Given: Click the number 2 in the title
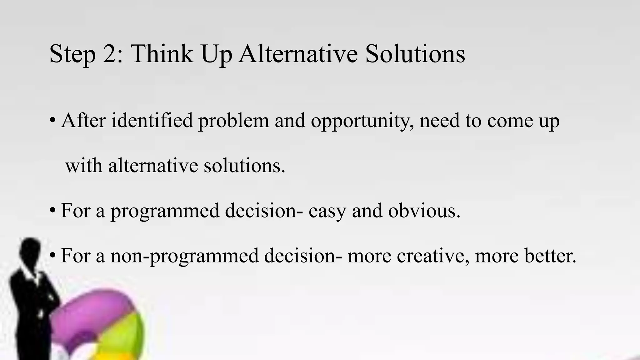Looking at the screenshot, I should click(x=110, y=54).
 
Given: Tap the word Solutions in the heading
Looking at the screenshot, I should click(x=415, y=54).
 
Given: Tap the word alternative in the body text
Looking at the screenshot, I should click(x=153, y=166).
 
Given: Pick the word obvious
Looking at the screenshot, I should click(x=424, y=211).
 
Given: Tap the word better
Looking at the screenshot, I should click(x=550, y=256).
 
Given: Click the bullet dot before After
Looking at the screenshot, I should click(x=53, y=121).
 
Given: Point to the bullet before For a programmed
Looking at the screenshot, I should click(x=53, y=211).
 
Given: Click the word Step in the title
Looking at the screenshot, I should click(x=72, y=54).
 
